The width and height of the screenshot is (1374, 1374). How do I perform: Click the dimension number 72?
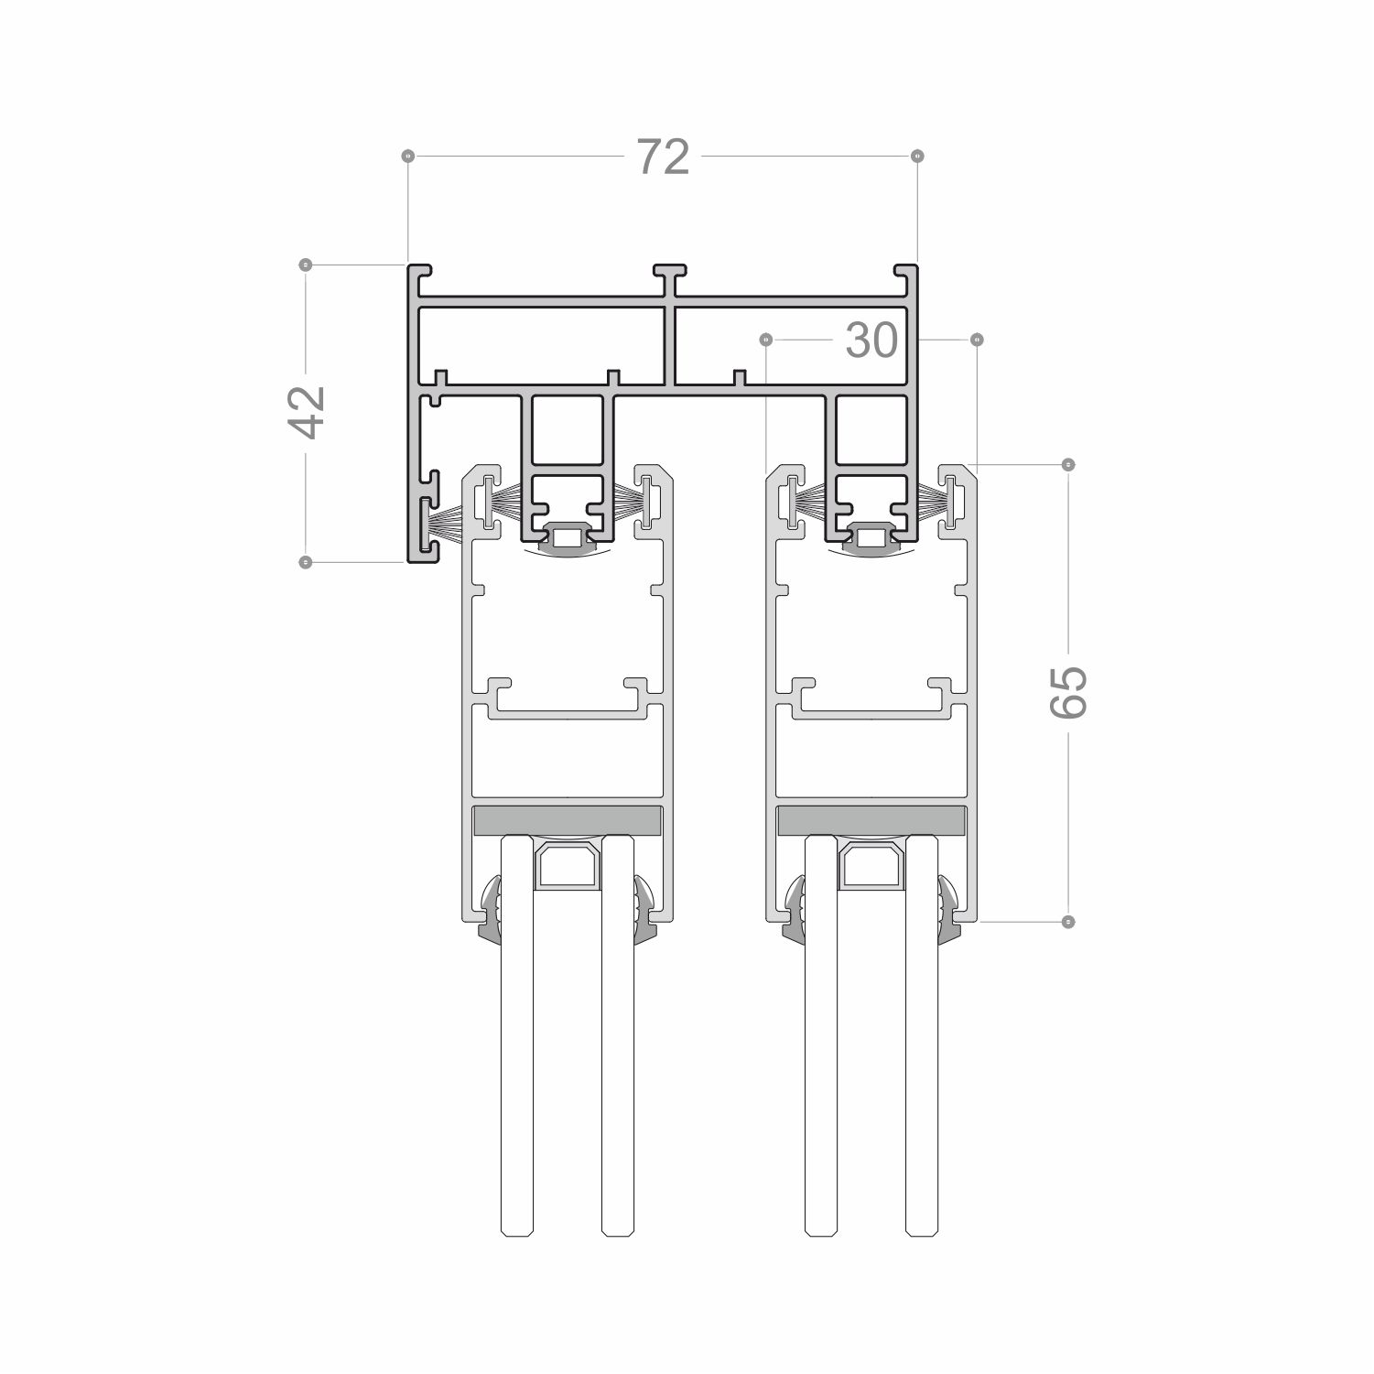[x=663, y=157]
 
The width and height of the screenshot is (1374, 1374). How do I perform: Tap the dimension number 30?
[x=871, y=341]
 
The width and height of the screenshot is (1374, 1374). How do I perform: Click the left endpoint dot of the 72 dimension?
[x=408, y=157]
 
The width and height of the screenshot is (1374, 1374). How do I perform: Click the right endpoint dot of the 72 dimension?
[x=918, y=157]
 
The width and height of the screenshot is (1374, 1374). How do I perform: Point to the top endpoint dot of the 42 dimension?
[x=306, y=265]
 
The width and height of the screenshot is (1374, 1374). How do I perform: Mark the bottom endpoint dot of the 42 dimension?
[x=306, y=561]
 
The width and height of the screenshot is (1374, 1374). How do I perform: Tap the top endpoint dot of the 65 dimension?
[x=1067, y=464]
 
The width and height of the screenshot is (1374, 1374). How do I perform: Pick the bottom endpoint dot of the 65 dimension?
[x=1067, y=921]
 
